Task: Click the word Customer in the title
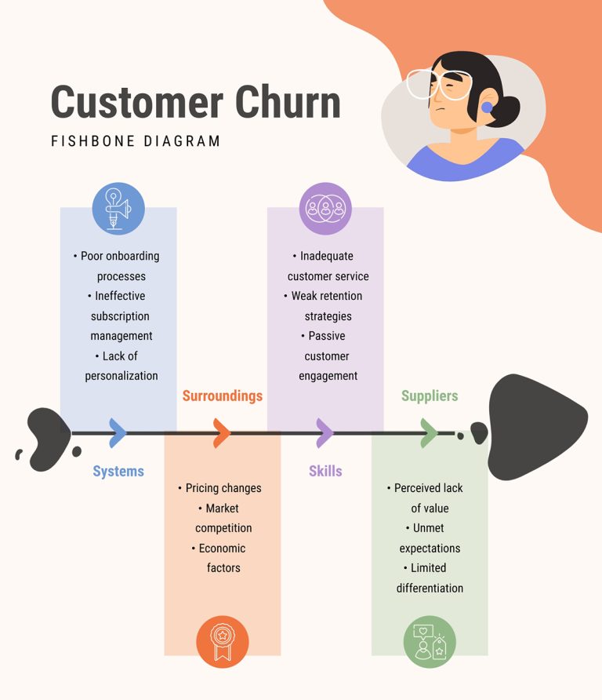click(125, 103)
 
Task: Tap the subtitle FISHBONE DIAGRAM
click(136, 141)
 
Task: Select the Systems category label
click(118, 471)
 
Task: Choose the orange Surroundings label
click(222, 396)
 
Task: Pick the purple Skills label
click(325, 471)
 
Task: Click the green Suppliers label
click(430, 396)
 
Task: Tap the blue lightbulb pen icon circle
click(118, 209)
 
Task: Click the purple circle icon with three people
click(325, 209)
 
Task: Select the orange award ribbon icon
click(223, 642)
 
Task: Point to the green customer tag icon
click(430, 642)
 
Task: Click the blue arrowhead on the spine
click(118, 432)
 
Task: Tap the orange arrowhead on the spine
click(222, 432)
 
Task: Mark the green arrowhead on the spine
click(429, 432)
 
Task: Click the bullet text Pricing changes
click(223, 488)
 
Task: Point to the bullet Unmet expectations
click(430, 538)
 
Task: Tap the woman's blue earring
click(487, 108)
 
